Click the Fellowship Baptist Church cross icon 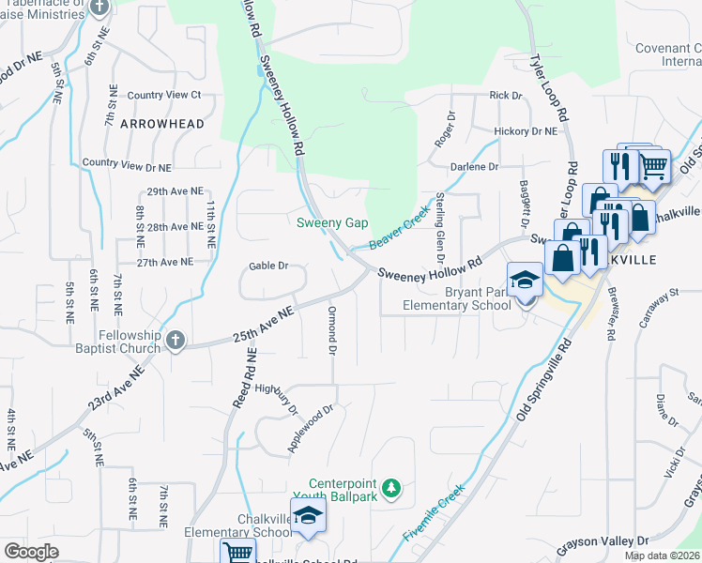point(175,341)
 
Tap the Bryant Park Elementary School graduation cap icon point(525,280)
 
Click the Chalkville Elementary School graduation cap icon point(307,516)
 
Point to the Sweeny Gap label point(331,222)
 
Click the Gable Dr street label point(268,266)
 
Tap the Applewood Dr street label point(311,429)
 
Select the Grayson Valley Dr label point(603,541)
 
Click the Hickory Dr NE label point(526,131)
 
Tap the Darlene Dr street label point(474,166)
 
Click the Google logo point(32,551)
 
